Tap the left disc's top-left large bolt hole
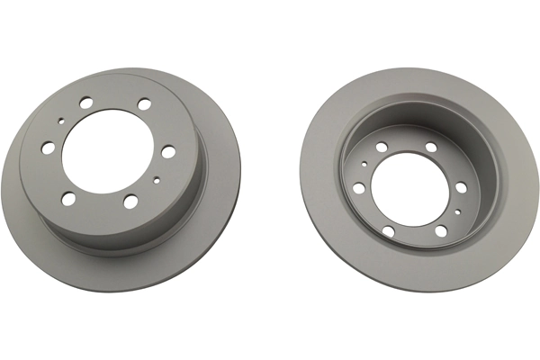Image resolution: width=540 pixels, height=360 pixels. coord(85,103)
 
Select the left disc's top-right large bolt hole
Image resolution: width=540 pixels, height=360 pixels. coord(144,103)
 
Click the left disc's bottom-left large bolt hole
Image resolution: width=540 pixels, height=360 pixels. coord(68,199)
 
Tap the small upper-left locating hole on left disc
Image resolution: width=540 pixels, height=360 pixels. coord(61,121)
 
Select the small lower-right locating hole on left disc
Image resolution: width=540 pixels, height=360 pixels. coord(157,180)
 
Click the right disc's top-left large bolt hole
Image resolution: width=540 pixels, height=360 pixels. coord(382,147)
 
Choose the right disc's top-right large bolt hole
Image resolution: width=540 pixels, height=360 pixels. coord(431,147)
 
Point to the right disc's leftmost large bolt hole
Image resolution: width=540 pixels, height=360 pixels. coord(358,188)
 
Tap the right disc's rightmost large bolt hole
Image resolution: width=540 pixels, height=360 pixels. coord(461,187)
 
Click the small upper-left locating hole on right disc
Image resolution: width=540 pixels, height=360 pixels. coord(364,164)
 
